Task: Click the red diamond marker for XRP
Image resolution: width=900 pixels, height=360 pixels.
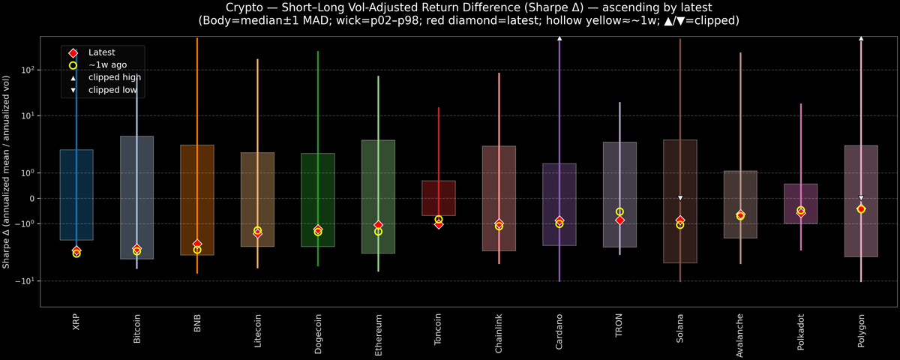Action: (76, 250)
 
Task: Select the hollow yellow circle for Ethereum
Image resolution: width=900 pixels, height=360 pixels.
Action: (378, 232)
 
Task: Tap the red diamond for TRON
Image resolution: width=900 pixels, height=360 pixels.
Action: (619, 220)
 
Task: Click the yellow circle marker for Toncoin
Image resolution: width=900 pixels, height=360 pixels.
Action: (439, 219)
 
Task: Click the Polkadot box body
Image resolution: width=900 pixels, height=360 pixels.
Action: (800, 196)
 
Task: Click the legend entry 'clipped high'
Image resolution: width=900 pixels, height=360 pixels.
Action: (114, 77)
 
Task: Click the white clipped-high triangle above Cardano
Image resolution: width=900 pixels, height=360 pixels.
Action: (559, 37)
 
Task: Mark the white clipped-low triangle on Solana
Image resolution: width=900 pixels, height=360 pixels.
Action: (680, 198)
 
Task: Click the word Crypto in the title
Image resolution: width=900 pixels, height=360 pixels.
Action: (228, 7)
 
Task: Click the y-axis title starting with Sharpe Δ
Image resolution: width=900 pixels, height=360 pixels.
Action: (6, 172)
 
